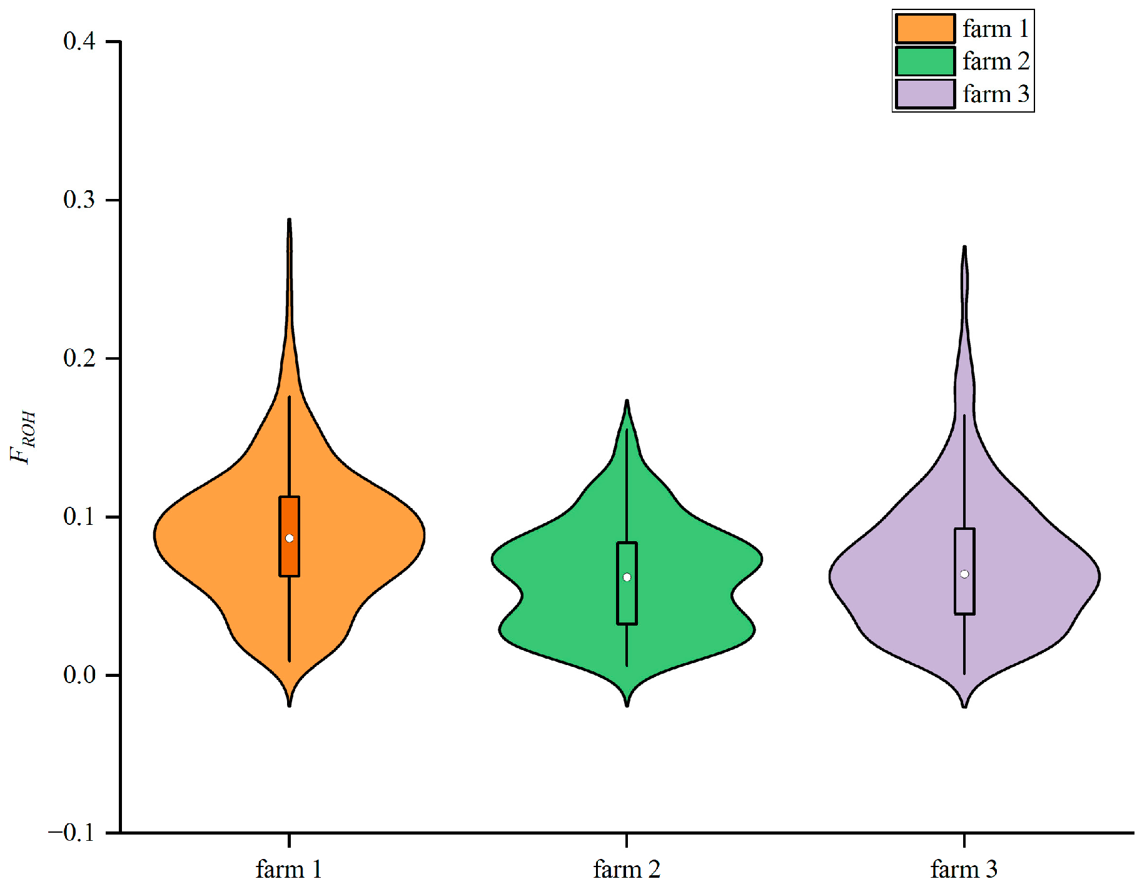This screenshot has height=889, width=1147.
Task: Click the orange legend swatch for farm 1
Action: coord(925,29)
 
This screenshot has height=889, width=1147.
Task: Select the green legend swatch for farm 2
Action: coord(925,61)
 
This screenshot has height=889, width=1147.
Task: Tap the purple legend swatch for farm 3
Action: coord(925,94)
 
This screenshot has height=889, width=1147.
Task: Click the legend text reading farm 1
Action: coord(996,29)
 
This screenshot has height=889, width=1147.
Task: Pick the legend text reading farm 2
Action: coord(996,61)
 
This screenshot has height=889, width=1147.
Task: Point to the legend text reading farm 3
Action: coord(996,94)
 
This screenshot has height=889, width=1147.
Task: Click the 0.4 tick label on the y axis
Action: coord(79,41)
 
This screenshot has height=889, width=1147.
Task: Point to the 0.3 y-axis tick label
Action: coord(79,200)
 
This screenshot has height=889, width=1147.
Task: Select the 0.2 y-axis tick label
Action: coord(79,358)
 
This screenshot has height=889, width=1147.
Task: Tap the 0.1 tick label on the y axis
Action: coord(79,517)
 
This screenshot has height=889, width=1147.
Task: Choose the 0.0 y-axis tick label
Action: coord(79,675)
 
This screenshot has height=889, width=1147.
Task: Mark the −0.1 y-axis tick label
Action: coord(71,833)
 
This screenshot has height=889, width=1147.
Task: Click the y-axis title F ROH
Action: coord(24,437)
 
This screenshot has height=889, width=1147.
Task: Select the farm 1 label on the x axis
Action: coord(289,869)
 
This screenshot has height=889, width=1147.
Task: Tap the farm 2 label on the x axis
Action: coord(627,869)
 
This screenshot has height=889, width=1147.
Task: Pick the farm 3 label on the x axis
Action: coord(964,869)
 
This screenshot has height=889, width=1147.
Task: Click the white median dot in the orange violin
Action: coord(290,538)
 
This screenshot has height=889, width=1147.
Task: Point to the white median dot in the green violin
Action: coord(627,577)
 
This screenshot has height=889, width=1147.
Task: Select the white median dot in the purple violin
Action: coord(964,574)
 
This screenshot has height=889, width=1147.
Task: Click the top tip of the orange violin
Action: coord(289,220)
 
